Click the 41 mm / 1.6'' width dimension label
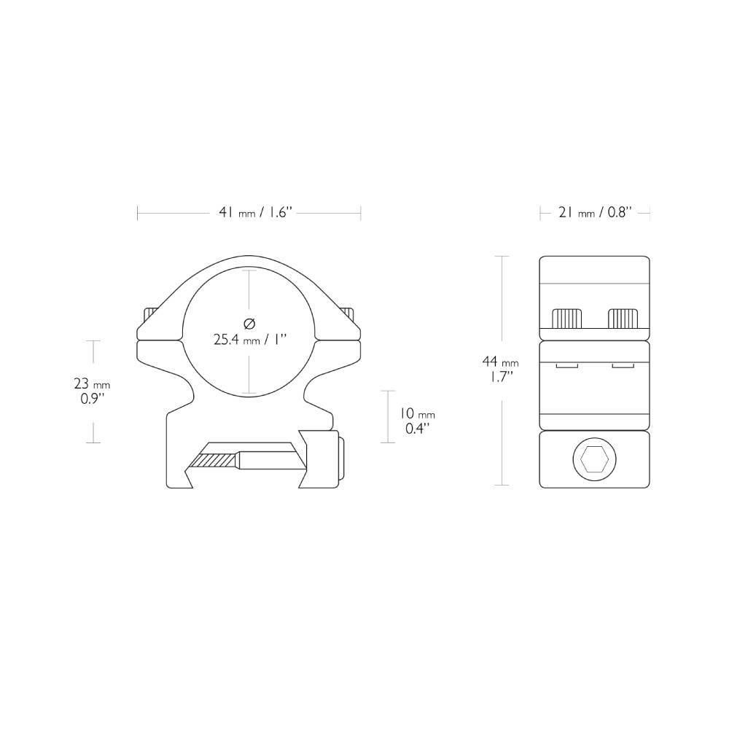[x=255, y=213]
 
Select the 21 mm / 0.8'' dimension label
[x=595, y=213]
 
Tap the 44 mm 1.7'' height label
[x=500, y=369]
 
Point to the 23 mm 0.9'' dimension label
[x=92, y=391]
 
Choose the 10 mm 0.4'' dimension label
[x=417, y=421]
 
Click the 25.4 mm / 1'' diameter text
[x=249, y=340]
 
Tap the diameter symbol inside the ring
[x=249, y=323]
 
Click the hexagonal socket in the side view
[x=594, y=459]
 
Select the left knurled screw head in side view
[x=567, y=318]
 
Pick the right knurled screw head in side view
[x=623, y=318]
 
